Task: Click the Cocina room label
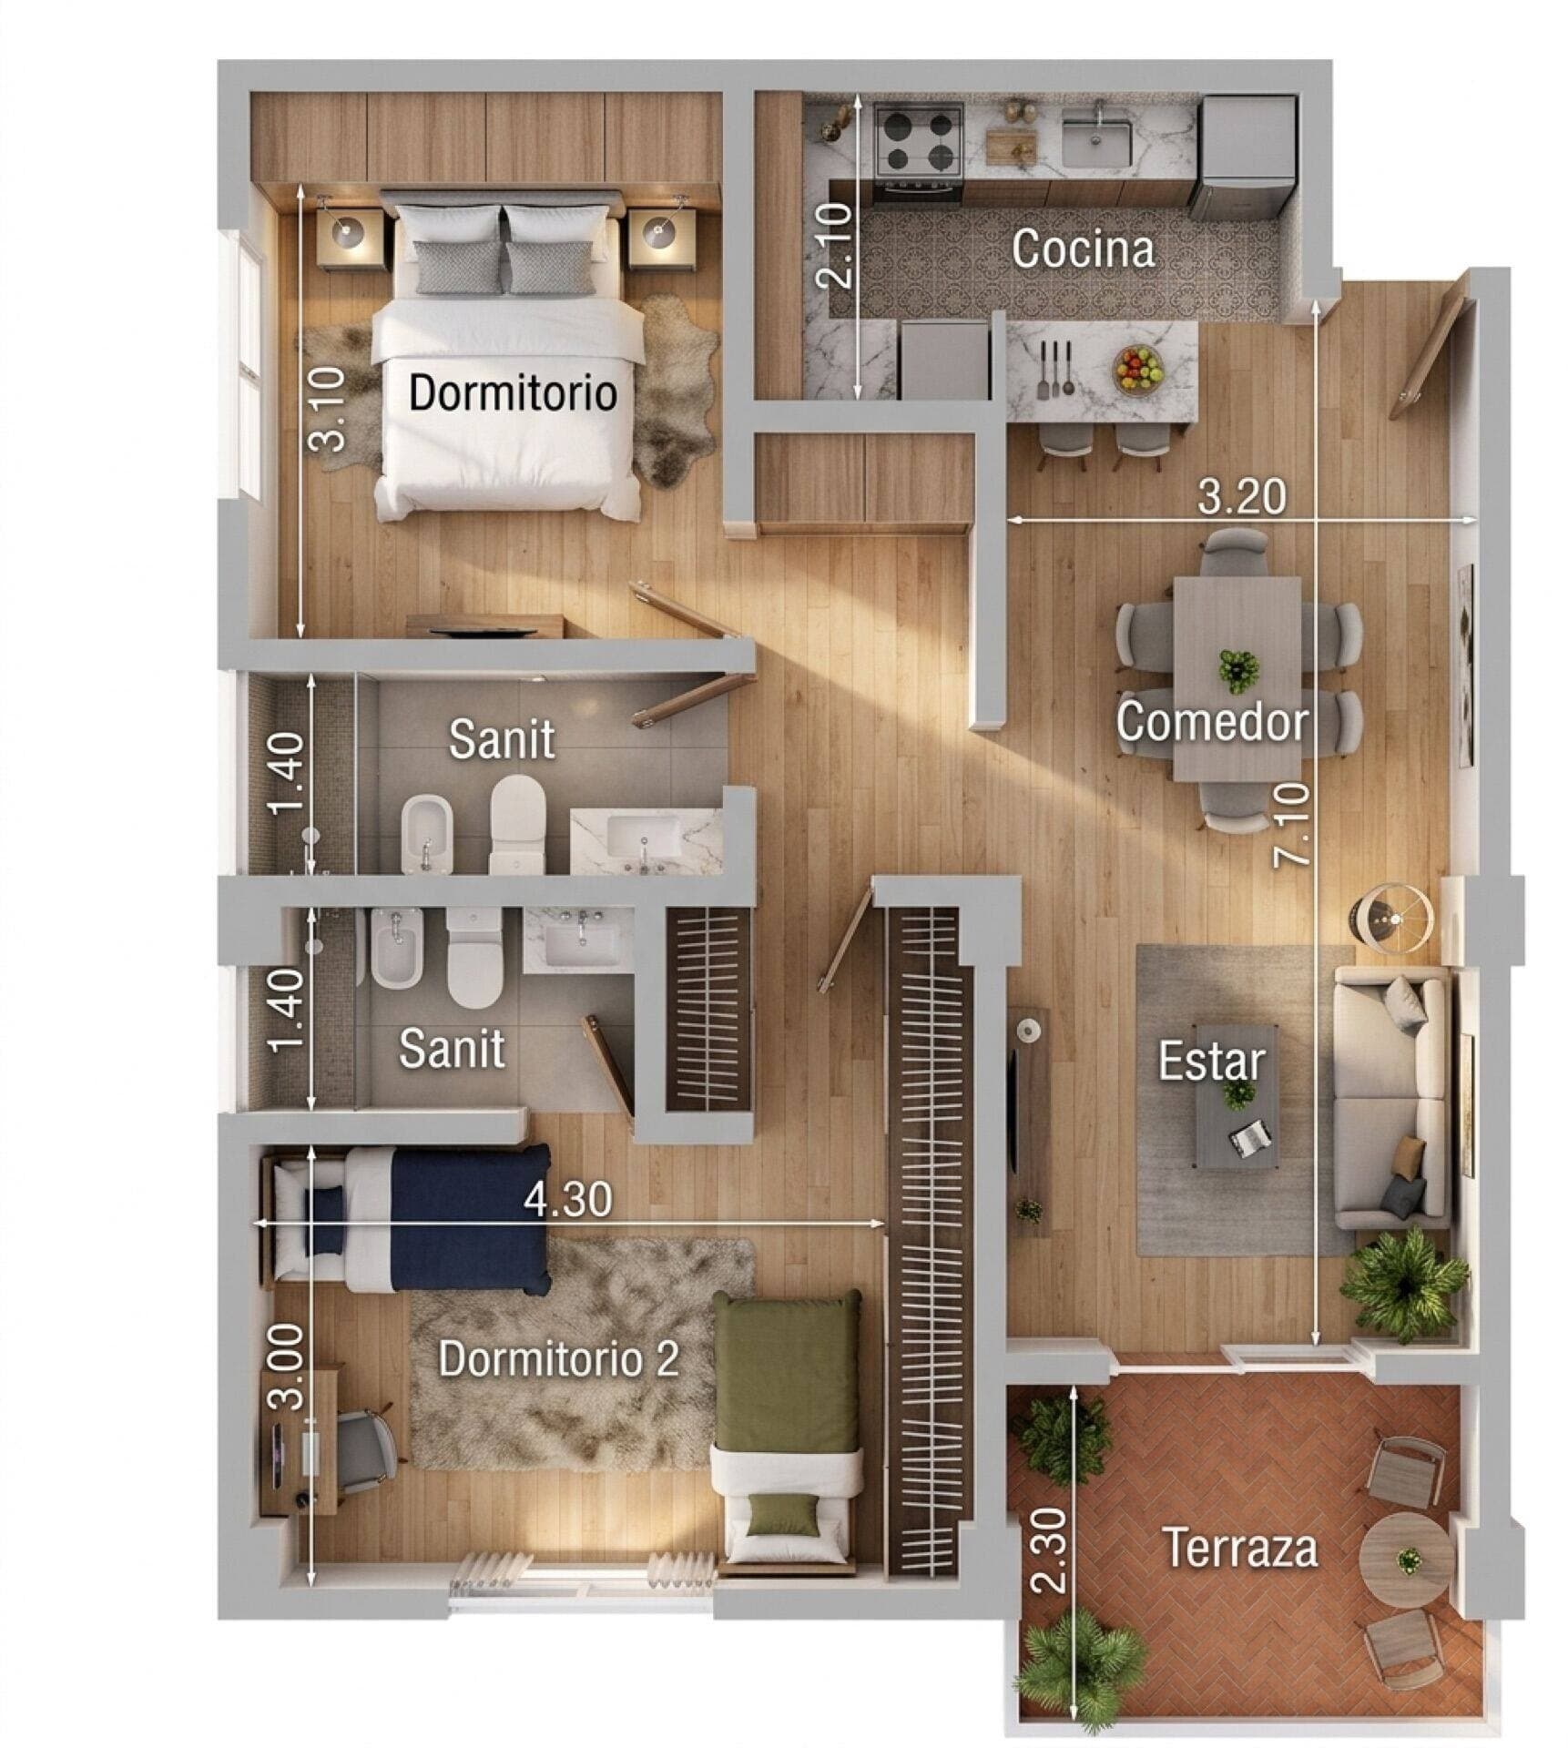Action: pyautogui.click(x=1083, y=249)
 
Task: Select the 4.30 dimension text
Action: pyautogui.click(x=568, y=1199)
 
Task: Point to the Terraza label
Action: pyautogui.click(x=1241, y=1548)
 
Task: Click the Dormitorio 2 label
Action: pyautogui.click(x=559, y=1359)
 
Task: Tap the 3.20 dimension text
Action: pyautogui.click(x=1241, y=496)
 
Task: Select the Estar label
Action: pyautogui.click(x=1211, y=1061)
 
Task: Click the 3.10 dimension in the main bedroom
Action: pyautogui.click(x=327, y=409)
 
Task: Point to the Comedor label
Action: pyautogui.click(x=1212, y=721)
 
